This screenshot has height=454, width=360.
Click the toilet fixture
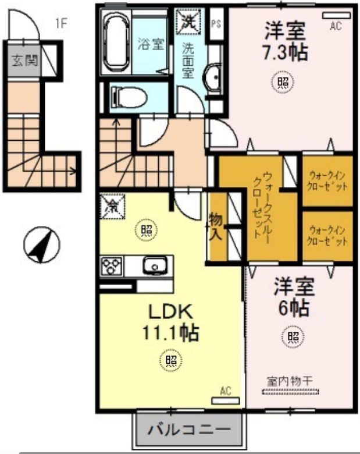pyautogui.click(x=125, y=95)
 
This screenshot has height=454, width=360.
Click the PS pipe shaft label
pyautogui.click(x=216, y=24)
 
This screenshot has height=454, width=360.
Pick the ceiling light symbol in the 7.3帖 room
pyautogui.click(x=283, y=83)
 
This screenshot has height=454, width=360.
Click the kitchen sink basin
pyautogui.click(x=155, y=266)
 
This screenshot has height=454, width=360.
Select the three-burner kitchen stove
pyautogui.click(x=112, y=266)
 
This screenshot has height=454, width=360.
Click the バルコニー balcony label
pyautogui.click(x=188, y=431)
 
